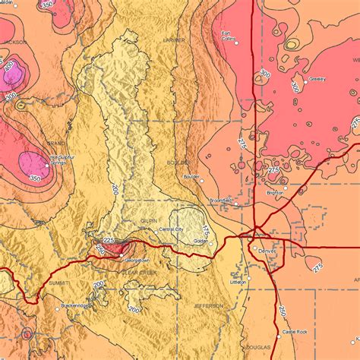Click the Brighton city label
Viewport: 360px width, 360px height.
click(x=275, y=193)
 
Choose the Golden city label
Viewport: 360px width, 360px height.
click(x=201, y=241)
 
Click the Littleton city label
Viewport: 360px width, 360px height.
click(x=238, y=281)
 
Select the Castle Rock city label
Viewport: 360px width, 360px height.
click(x=295, y=332)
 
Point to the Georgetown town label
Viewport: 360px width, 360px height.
click(x=136, y=260)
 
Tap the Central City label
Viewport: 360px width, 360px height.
click(x=171, y=229)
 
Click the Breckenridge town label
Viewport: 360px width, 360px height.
click(x=76, y=305)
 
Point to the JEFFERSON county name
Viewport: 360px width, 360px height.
click(x=208, y=305)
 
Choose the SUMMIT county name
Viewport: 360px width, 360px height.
click(x=58, y=282)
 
